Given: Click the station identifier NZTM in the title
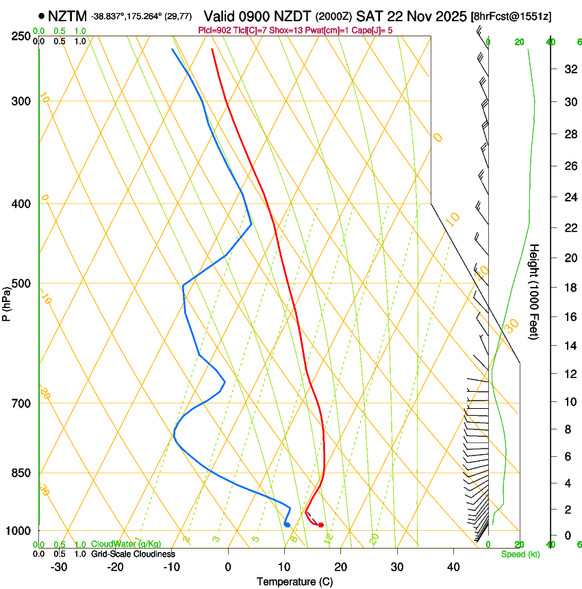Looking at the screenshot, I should point(68,15).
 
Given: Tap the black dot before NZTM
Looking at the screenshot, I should point(42,15).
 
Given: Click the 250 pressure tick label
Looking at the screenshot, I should point(22,36).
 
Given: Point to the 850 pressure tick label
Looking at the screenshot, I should point(22,473).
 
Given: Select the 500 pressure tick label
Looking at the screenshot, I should point(22,284).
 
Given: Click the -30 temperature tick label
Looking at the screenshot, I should point(59,566).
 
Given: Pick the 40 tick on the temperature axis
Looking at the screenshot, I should point(453,566).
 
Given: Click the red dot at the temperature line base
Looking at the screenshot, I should point(320,525).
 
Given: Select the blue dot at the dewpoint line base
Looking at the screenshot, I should point(288,525).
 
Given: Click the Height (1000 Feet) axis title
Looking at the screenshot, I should point(535,292).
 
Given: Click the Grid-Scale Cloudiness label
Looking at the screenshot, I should point(133,554).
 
